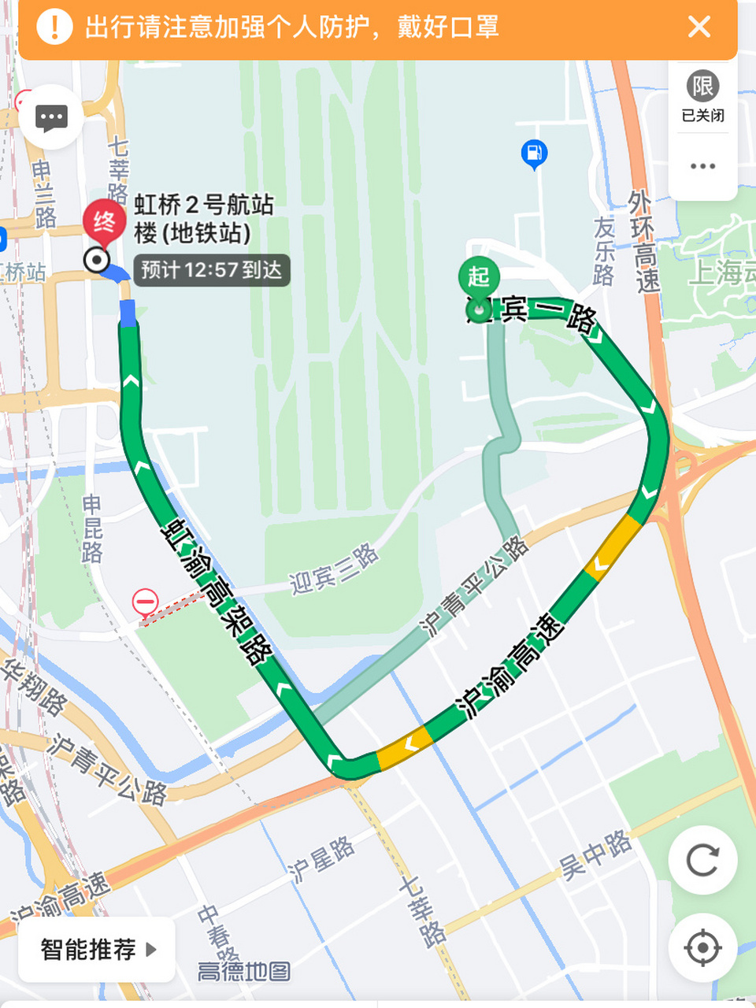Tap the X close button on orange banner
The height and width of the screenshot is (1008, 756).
(x=699, y=27)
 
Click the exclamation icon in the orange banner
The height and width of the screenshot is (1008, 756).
(x=54, y=27)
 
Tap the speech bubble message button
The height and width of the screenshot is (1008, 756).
(x=52, y=118)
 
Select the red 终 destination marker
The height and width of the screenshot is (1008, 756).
(x=104, y=221)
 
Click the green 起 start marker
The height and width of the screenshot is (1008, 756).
(x=479, y=278)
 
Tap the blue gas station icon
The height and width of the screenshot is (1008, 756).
(x=534, y=153)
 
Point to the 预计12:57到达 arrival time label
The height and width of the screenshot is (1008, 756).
(x=211, y=270)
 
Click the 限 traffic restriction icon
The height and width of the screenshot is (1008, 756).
(x=702, y=87)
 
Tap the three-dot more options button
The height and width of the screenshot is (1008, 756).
(x=702, y=166)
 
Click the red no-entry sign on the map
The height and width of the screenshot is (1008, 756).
(x=146, y=603)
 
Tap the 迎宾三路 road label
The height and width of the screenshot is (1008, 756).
(x=334, y=569)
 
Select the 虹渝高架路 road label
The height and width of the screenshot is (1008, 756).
(x=217, y=591)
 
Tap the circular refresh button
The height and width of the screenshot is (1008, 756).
(x=702, y=860)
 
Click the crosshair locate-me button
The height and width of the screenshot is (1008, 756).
(x=702, y=947)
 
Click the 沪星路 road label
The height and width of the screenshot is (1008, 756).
(x=321, y=860)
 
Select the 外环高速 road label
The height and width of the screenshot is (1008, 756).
(x=643, y=241)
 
